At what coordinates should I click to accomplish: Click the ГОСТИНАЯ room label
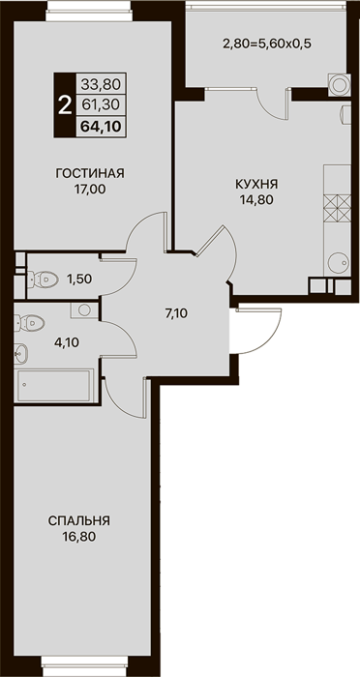pos(90,173)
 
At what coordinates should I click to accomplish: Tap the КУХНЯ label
pos(256,185)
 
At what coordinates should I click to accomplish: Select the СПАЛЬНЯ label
pos(79,520)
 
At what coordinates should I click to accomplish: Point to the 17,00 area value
pos(90,190)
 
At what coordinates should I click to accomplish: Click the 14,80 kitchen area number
pos(256,199)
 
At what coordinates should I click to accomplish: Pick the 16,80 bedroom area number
pos(79,536)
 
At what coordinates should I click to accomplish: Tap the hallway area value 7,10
pos(176,314)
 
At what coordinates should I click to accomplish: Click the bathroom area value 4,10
pos(67,342)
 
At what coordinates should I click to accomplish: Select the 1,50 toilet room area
pos(79,279)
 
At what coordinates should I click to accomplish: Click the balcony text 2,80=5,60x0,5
pos(267,44)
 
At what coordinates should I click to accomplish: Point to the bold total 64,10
pos(101,127)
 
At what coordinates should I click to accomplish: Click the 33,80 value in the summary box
pos(101,84)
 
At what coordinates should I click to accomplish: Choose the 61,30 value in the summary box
pos(101,103)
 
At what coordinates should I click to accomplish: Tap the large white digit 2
pos(65,104)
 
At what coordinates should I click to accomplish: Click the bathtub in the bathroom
pos(53,385)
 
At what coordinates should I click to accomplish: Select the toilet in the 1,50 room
pos(43,279)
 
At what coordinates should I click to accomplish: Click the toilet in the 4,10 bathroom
pos(29,322)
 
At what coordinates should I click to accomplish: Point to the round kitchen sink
pos(338,262)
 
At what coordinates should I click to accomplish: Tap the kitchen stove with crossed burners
pos(337,209)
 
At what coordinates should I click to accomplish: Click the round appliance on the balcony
pos(339,85)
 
